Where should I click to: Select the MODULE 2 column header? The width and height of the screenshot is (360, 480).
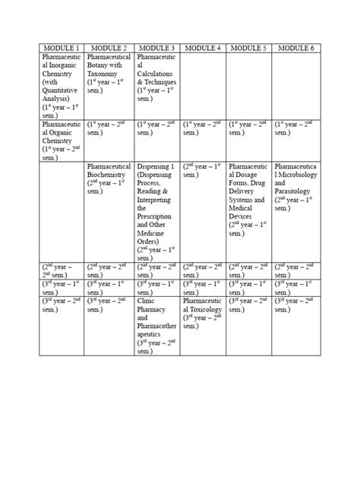click(x=109, y=48)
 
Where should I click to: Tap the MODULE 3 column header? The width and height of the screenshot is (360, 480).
click(x=157, y=48)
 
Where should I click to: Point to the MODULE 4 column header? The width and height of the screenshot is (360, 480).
click(x=203, y=48)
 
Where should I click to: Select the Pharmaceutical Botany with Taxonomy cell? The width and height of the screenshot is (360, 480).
click(x=109, y=73)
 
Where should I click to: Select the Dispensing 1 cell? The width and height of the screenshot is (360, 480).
click(x=157, y=208)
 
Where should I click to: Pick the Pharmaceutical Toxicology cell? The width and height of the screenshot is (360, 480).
click(x=203, y=311)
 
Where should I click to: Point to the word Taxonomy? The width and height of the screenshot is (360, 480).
click(x=106, y=74)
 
